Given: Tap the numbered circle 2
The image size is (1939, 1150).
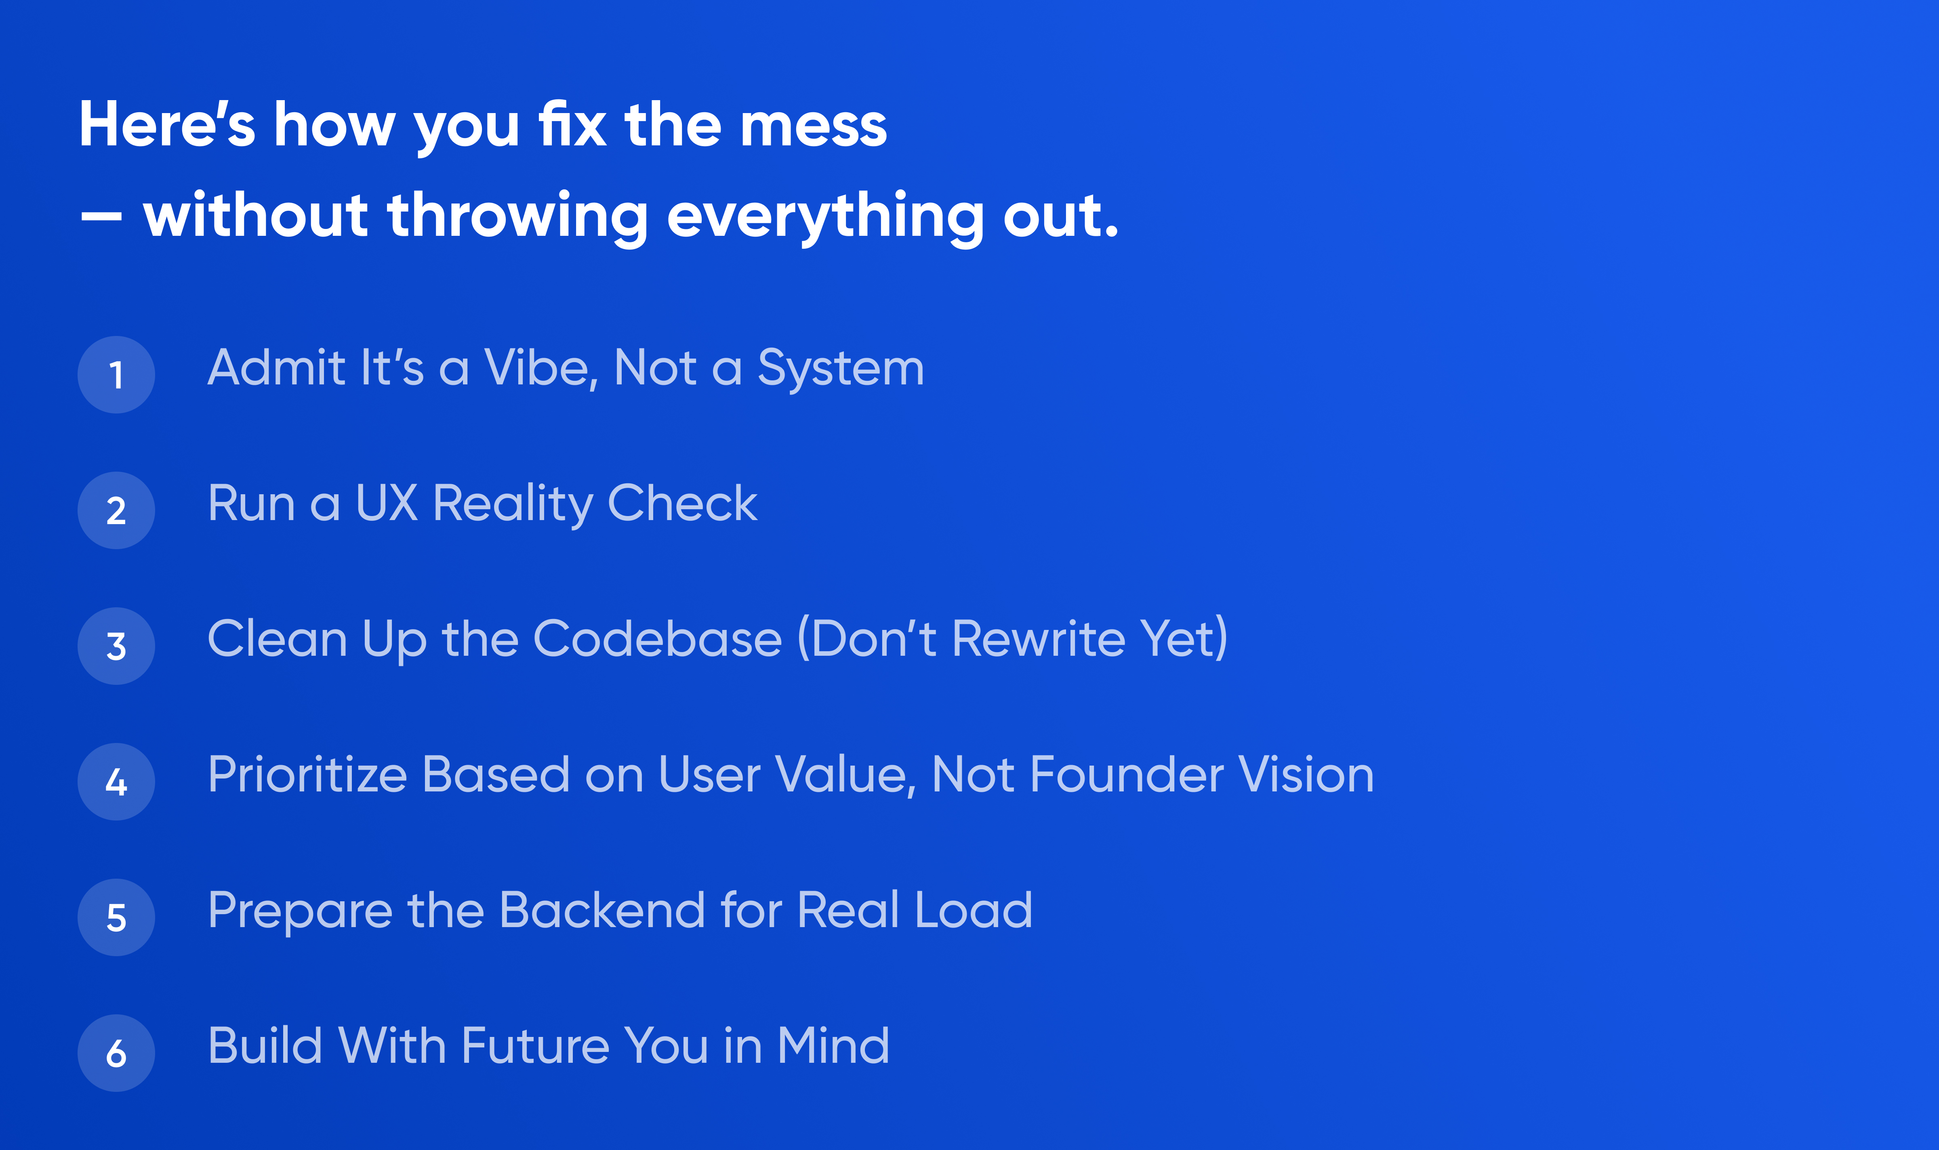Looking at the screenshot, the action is (x=116, y=511).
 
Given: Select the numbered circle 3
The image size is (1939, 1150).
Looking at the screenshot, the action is (x=116, y=646).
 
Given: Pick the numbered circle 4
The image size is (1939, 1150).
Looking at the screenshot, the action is (x=116, y=782).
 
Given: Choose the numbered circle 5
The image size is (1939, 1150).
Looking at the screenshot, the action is (x=116, y=917).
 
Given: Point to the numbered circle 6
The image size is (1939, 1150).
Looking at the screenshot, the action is (x=116, y=1053).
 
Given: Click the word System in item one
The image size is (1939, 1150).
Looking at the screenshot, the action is (x=841, y=369).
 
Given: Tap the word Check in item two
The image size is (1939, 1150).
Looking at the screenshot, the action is (x=682, y=504).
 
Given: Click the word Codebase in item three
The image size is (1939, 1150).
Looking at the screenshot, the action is (x=658, y=639).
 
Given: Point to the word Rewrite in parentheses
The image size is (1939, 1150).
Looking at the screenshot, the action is (x=1038, y=639).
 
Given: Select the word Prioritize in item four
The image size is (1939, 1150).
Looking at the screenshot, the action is (x=307, y=775).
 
